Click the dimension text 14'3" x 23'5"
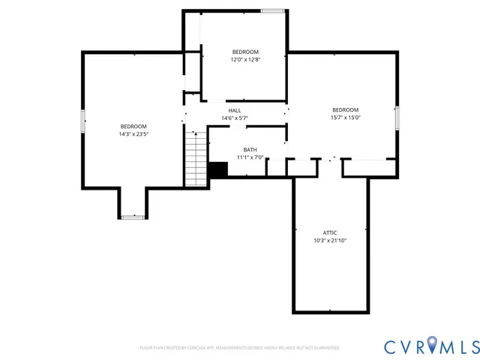point(133,135)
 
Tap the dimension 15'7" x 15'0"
point(346,117)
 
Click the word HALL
point(235,110)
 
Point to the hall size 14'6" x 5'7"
point(235,118)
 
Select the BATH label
point(250,150)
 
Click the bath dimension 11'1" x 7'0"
point(250,157)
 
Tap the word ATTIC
point(330,232)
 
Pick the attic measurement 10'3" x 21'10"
point(330,241)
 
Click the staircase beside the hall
point(195,157)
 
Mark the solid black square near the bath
point(217,170)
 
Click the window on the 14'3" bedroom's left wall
point(82,121)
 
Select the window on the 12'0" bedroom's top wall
point(273,10)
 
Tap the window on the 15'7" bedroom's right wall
point(397,117)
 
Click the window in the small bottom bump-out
point(133,217)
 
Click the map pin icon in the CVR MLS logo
point(434,345)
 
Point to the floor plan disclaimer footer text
point(240,348)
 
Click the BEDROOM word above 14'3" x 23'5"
point(133,127)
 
